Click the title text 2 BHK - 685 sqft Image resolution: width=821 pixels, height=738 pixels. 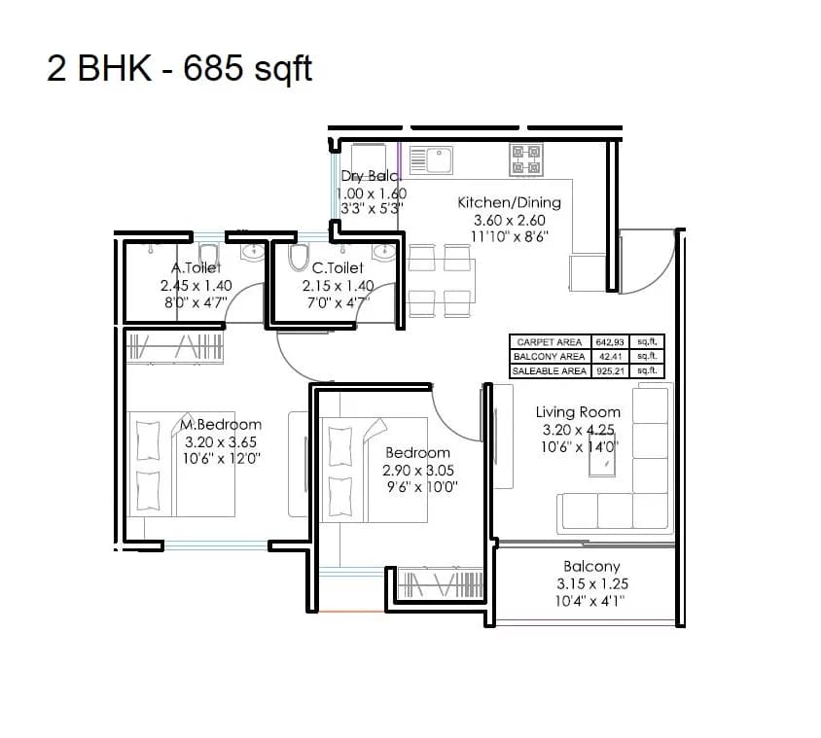pyautogui.click(x=180, y=70)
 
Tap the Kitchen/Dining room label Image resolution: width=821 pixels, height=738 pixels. pyautogui.click(x=509, y=202)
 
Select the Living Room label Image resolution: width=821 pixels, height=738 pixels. pyautogui.click(x=578, y=412)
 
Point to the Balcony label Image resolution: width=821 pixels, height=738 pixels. pyautogui.click(x=591, y=566)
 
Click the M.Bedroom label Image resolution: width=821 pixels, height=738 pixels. pyautogui.click(x=222, y=424)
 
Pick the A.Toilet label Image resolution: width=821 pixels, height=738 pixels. pyautogui.click(x=196, y=267)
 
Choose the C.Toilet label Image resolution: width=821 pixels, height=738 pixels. pyautogui.click(x=338, y=267)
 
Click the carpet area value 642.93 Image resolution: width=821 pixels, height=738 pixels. pyautogui.click(x=610, y=342)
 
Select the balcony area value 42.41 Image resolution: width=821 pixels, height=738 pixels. pyautogui.click(x=610, y=357)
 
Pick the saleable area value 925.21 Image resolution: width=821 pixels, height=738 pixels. pyautogui.click(x=610, y=370)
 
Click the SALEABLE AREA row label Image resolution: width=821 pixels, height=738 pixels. pyautogui.click(x=549, y=370)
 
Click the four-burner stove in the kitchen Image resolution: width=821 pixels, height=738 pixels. pyautogui.click(x=526, y=159)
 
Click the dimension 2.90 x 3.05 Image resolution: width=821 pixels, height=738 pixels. pyautogui.click(x=418, y=471)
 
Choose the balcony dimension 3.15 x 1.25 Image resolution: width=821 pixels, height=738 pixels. pyautogui.click(x=592, y=584)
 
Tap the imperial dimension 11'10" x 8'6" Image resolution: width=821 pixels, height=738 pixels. pyautogui.click(x=509, y=237)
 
